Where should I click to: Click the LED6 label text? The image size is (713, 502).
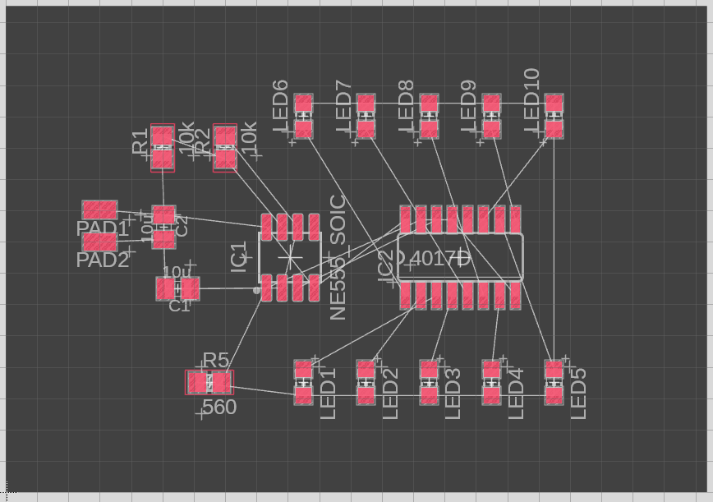[x=280, y=108]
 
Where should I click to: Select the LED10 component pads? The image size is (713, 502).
[x=554, y=116]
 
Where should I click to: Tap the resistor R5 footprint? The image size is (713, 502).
[x=209, y=382]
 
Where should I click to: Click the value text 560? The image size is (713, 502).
[x=219, y=407]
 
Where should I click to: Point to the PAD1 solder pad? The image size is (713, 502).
[x=99, y=210]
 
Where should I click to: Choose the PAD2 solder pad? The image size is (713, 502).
[x=99, y=242]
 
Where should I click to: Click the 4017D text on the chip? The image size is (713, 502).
[x=439, y=259]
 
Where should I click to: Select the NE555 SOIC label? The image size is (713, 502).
[x=338, y=257]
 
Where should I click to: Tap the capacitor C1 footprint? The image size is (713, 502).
[x=178, y=288]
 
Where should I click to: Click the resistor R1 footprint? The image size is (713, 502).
[x=163, y=147]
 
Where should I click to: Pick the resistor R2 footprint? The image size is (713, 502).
[x=225, y=147]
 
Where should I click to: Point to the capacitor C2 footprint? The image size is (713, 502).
[x=164, y=227]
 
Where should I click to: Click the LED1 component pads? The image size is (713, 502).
[x=304, y=382]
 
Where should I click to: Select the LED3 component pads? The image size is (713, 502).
[x=429, y=382]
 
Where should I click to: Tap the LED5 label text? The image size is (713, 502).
[x=578, y=394]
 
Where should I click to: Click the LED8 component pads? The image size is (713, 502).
[x=429, y=116]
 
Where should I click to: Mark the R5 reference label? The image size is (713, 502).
[x=215, y=360]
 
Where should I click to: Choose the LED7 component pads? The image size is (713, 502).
[x=366, y=116]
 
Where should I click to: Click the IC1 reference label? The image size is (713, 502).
[x=239, y=257]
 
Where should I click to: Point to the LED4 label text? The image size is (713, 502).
[x=516, y=394]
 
